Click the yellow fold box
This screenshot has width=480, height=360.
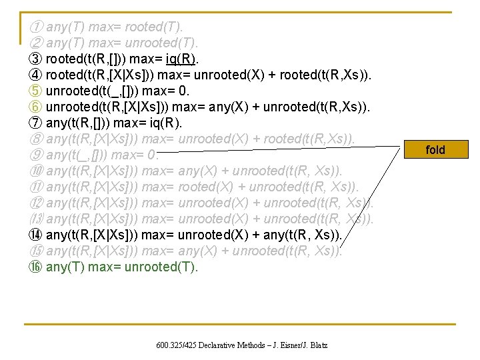[x=435, y=149]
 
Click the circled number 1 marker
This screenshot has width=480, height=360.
[x=37, y=27]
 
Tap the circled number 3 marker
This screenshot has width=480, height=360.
[x=37, y=59]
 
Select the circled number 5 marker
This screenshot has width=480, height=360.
[x=37, y=91]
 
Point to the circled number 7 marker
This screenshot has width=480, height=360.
[x=37, y=123]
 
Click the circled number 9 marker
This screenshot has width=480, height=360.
[x=37, y=155]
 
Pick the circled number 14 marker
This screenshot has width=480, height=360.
[x=37, y=235]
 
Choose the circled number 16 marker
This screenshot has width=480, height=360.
[x=37, y=267]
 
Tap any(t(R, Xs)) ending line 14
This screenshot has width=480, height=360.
[x=303, y=235]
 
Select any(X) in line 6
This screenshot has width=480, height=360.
[x=229, y=107]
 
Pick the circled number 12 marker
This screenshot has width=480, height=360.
[x=37, y=203]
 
